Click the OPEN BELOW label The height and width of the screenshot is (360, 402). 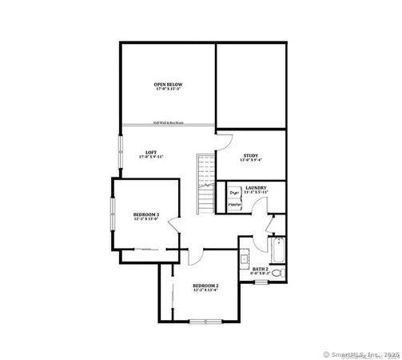[x=169, y=84]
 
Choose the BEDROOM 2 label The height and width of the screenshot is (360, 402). [x=205, y=286]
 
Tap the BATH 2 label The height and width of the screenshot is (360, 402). [x=260, y=269]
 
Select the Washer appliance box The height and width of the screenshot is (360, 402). [x=235, y=206]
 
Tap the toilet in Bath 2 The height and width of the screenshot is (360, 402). [x=277, y=274]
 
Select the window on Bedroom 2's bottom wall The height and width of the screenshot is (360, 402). [x=205, y=321]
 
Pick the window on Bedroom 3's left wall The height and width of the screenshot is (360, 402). [x=112, y=217]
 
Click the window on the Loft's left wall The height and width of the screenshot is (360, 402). [x=121, y=152]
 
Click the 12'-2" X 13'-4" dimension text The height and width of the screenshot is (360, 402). [x=205, y=290]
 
